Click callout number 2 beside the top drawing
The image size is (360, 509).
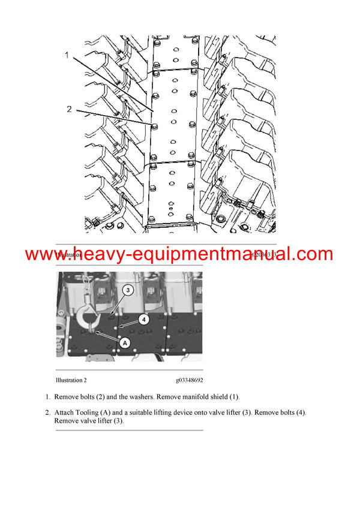point(69,109)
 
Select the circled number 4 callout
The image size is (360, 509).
point(143,319)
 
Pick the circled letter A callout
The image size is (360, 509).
point(125,343)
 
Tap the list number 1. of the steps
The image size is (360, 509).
point(48,397)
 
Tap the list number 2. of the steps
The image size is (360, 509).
point(48,413)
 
